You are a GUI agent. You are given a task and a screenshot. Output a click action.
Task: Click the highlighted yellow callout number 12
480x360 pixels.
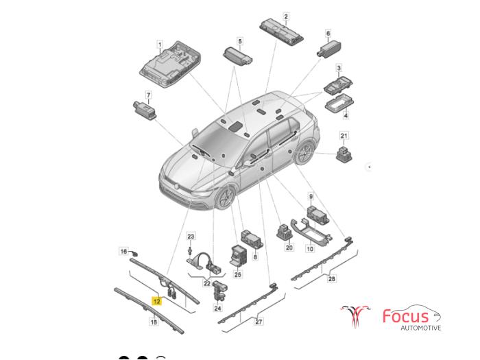pos(156,301)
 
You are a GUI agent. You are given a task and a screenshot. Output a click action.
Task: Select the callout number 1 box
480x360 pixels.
pos(160,45)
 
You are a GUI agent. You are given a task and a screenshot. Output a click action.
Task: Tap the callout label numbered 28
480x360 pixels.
pos(331,278)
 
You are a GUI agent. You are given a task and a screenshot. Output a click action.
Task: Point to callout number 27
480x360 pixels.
pos(259,322)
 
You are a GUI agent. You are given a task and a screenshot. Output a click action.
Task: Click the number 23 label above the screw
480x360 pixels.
pos(191,237)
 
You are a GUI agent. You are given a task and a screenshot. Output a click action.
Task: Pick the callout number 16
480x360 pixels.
pos(123,252)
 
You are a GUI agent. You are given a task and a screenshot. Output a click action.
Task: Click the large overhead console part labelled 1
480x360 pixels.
pos(170,64)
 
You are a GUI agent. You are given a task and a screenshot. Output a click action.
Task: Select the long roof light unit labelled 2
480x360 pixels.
pos(282,32)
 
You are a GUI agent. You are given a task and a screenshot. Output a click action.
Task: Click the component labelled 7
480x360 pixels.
pos(145,110)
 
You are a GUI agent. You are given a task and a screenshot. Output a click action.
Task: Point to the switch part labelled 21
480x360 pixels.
pos(344,154)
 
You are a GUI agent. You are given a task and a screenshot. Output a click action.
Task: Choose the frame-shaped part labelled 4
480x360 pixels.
pos(339,104)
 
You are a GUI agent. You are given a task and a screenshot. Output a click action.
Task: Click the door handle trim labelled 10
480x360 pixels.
pos(311,232)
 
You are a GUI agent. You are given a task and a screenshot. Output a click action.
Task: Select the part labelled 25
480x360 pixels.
pos(238,255)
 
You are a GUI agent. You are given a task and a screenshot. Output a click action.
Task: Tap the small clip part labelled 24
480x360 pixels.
pos(219,290)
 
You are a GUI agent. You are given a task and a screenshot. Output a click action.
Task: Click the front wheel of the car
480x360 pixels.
pos(226,197)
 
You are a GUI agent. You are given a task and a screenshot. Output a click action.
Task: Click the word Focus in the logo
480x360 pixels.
pos(406,316)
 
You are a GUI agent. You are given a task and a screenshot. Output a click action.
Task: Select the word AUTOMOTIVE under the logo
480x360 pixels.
pos(421,328)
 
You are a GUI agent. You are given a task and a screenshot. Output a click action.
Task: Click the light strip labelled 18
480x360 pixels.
pos(149,311)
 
